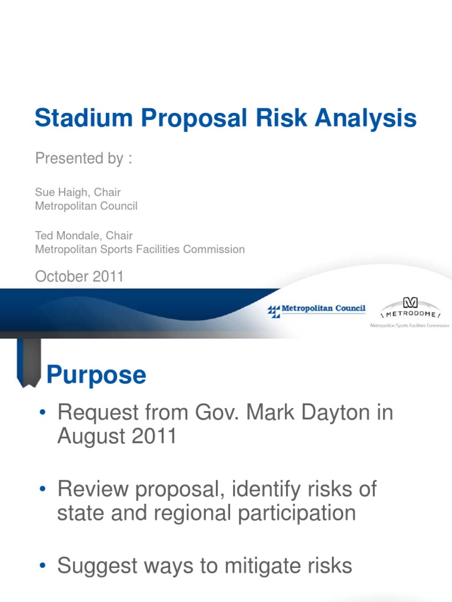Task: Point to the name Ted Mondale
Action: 66,235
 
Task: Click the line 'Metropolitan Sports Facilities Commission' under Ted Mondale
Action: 140,249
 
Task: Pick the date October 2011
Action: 79,276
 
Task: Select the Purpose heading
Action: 96,374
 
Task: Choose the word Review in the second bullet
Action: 95,489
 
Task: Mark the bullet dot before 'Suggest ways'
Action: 42,566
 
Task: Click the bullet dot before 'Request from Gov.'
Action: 42,413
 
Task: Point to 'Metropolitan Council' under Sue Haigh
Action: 87,206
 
